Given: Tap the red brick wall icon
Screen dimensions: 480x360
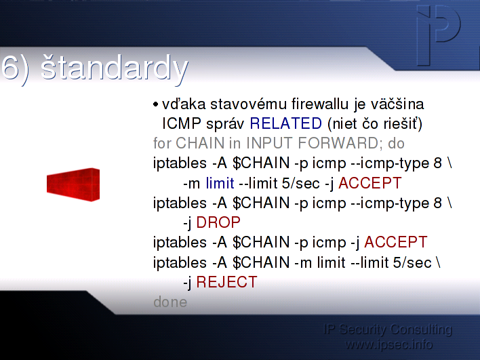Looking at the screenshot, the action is [73, 184].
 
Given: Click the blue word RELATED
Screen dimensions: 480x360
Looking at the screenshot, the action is [285, 123].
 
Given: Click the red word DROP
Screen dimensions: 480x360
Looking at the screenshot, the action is [218, 222].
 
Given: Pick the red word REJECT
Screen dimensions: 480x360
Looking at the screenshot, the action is [226, 282].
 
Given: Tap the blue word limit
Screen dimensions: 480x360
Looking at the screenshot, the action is [220, 183].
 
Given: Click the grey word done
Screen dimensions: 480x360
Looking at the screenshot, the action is [170, 302].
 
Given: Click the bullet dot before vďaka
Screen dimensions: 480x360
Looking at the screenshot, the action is [155, 104].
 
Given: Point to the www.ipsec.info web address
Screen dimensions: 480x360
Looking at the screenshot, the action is [388, 344].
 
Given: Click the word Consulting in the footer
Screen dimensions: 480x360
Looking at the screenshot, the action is [421, 329].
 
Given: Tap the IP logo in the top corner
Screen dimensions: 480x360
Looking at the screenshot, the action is [439, 35].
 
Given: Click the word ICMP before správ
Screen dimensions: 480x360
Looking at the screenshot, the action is [182, 123].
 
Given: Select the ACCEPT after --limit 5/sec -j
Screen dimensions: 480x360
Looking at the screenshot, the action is [369, 183].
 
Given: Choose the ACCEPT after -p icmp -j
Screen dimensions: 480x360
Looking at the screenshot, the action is [395, 242].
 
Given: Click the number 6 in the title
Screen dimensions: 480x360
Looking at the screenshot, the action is [10, 68].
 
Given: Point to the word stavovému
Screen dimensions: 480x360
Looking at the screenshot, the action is [248, 104].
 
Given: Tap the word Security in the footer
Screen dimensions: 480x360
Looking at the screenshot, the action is [363, 329].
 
